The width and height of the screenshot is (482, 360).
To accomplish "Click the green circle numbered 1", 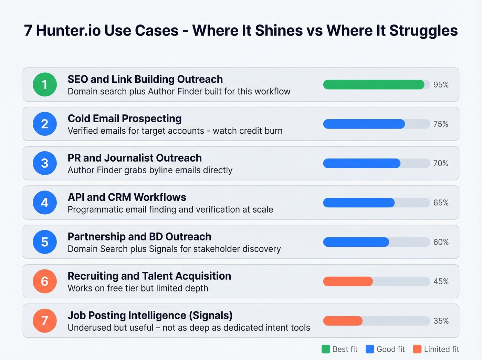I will click(x=45, y=84).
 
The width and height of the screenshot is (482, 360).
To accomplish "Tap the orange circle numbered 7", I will click(x=45, y=321).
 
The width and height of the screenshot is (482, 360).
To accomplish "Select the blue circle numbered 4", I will click(x=45, y=203).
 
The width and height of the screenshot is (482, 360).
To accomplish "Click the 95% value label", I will click(x=441, y=85).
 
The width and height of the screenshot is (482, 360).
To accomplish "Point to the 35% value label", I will click(x=441, y=321).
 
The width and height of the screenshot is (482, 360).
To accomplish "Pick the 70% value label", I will click(x=441, y=163).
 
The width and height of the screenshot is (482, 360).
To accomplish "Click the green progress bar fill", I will click(x=374, y=84).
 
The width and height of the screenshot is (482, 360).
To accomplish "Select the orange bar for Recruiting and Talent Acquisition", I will click(x=348, y=281).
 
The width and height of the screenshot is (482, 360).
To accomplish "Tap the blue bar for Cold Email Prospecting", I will click(x=364, y=124).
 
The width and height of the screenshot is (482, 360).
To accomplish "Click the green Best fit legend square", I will click(x=326, y=349).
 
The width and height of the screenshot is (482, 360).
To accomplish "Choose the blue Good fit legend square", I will click(x=370, y=349).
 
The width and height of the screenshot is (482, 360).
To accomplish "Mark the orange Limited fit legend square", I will click(x=417, y=349).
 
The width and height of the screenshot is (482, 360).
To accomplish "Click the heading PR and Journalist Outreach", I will click(x=135, y=158).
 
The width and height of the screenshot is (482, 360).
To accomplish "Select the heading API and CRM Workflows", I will click(x=127, y=197).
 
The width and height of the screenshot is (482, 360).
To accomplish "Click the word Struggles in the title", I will click(x=423, y=31).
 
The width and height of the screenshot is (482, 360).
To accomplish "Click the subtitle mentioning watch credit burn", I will click(x=175, y=131).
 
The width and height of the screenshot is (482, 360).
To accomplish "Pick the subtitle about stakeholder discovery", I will click(x=174, y=249).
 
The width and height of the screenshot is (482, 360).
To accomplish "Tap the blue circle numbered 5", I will click(x=45, y=242).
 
